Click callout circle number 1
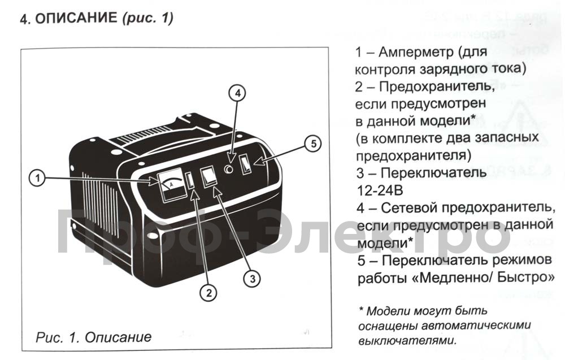pos(37,178)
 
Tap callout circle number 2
pos(209,292)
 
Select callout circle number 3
pos(252,279)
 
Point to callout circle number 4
pos(237,93)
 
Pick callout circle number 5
pos(313,144)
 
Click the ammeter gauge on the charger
pos(171,185)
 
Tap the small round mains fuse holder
pos(228,169)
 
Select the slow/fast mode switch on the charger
pos(246,164)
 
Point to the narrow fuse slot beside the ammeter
pos(190,181)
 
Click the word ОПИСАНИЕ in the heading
pos(76,18)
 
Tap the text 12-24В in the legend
pos(380,190)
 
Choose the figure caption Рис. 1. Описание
pos(94,337)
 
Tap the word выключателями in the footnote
pos(407,341)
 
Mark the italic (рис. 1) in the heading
pos(147,18)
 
